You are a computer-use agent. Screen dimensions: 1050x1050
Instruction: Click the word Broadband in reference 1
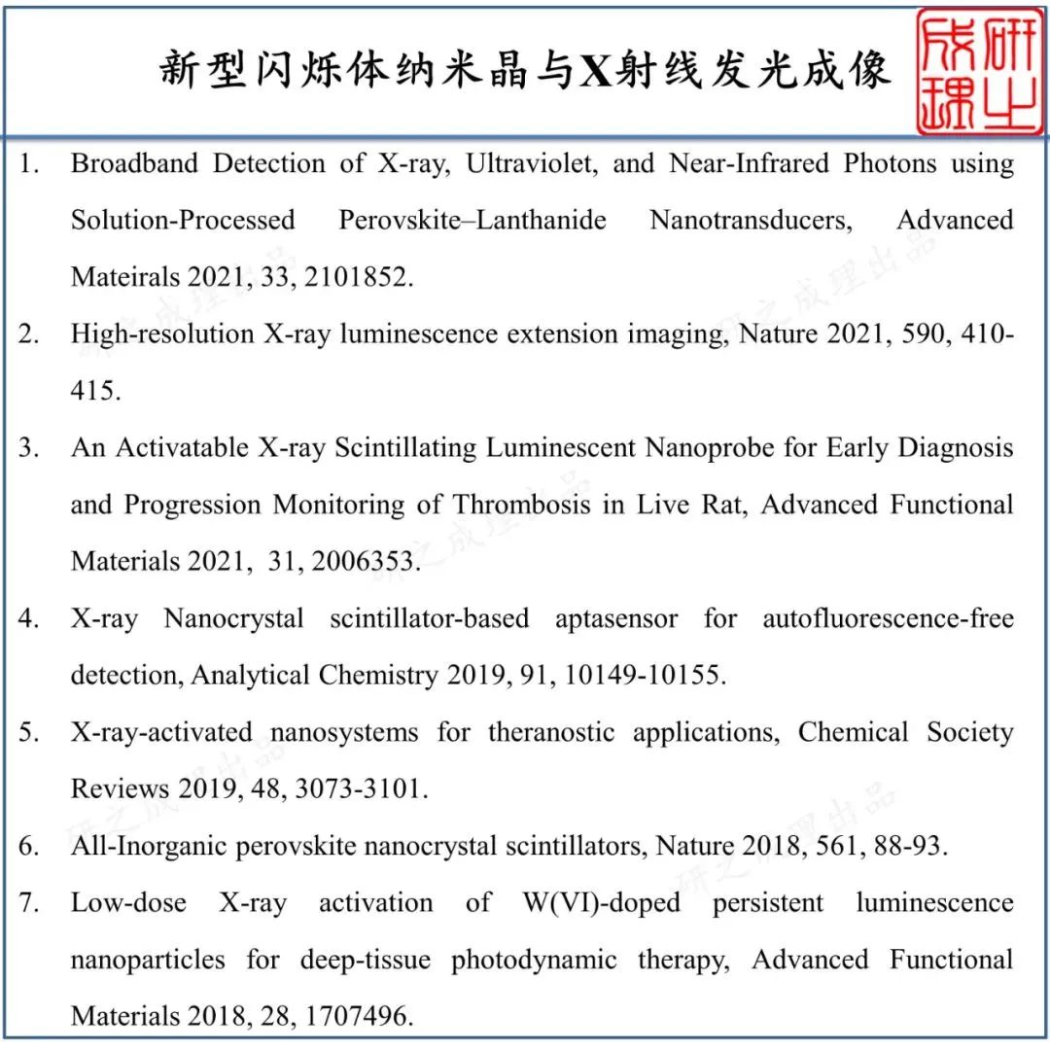[133, 163]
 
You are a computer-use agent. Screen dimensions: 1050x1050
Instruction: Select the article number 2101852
[359, 277]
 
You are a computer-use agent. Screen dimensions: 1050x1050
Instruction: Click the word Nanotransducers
[751, 220]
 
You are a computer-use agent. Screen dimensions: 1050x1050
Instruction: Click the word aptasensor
[616, 618]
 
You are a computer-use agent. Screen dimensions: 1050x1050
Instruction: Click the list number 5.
[29, 732]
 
